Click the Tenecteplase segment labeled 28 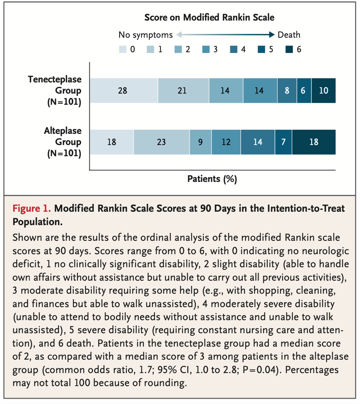124,90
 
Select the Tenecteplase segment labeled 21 184,90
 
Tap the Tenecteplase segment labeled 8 287,90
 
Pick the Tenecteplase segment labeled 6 304,90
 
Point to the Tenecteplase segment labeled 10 323,90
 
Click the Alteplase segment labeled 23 161,142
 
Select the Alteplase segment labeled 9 200,142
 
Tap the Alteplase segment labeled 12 226,142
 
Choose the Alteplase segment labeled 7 283,142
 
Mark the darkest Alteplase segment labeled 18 314,142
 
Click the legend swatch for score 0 123,49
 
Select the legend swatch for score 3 206,49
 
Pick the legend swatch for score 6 289,49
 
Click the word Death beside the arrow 289,35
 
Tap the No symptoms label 145,35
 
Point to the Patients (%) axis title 212,179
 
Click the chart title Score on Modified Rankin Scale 209,17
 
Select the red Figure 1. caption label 32,209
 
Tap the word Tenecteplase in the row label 55,79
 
